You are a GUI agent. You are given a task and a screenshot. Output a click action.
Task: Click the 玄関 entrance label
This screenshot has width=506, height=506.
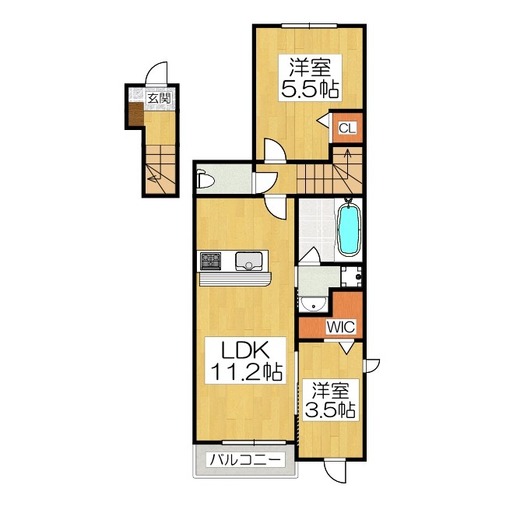point(159,98)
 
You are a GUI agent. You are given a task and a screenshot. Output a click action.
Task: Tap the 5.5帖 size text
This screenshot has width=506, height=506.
point(310,89)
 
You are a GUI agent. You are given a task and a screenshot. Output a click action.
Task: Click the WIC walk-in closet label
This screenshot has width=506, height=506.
point(340,328)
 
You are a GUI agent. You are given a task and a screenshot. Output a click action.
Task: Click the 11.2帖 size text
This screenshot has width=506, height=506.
point(243,373)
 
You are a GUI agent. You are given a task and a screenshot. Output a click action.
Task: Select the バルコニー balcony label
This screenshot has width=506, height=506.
point(244,460)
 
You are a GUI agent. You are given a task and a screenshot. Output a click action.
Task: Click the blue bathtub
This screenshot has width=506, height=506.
point(349,230)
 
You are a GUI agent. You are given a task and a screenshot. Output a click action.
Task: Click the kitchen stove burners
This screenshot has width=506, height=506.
point(210,259)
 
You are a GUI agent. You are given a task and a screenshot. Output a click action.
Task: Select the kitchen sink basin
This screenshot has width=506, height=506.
point(249,261)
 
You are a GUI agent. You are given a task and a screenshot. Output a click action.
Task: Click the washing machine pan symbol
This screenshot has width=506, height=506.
point(352,275)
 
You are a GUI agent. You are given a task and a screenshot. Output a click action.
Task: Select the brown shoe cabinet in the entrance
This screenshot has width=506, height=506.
point(134,117)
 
